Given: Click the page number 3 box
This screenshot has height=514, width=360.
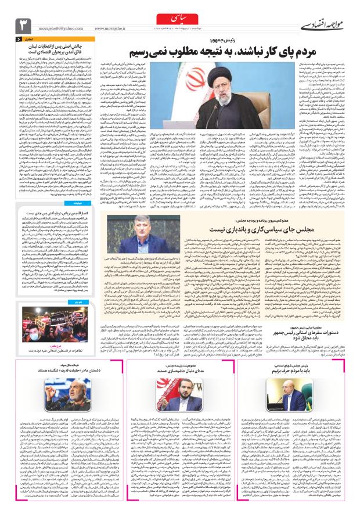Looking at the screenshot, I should tap(23, 25).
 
